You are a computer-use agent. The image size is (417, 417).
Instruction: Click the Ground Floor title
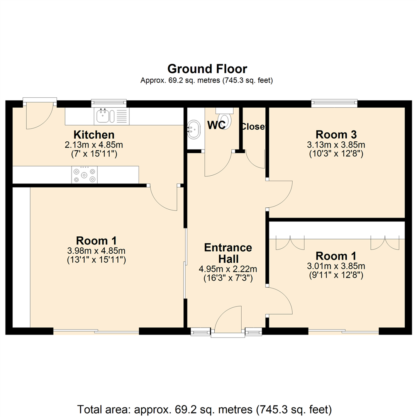[207, 69]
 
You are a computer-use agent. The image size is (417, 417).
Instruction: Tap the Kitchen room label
[94, 135]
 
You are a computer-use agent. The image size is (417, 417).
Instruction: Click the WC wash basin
[193, 129]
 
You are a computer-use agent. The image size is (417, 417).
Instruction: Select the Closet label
[253, 126]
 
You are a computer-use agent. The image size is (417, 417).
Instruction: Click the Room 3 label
[336, 135]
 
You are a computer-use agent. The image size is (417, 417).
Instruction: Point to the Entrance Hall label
[228, 253]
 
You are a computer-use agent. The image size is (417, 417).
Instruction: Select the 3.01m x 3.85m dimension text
[336, 266]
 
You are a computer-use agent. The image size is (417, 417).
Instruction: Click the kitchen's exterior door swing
[39, 116]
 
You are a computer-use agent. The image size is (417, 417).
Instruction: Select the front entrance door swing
[228, 319]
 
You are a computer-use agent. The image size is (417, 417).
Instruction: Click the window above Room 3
[334, 103]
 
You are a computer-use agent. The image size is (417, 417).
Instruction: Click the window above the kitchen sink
[109, 103]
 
